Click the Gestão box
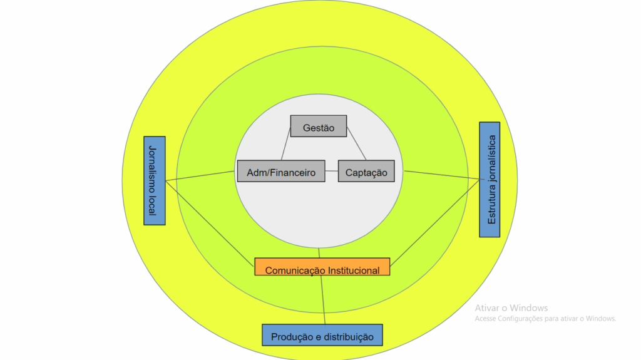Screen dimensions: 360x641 click(319, 128)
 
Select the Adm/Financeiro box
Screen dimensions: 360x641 click(281, 172)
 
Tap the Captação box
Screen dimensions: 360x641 click(366, 172)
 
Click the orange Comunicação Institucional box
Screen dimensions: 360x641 click(322, 266)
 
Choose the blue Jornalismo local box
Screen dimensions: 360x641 click(155, 180)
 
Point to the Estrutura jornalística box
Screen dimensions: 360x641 click(490, 179)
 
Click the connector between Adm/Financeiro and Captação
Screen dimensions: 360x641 click(332, 172)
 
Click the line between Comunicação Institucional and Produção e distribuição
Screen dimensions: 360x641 click(324, 301)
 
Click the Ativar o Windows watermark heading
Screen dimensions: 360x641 click(511, 307)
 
